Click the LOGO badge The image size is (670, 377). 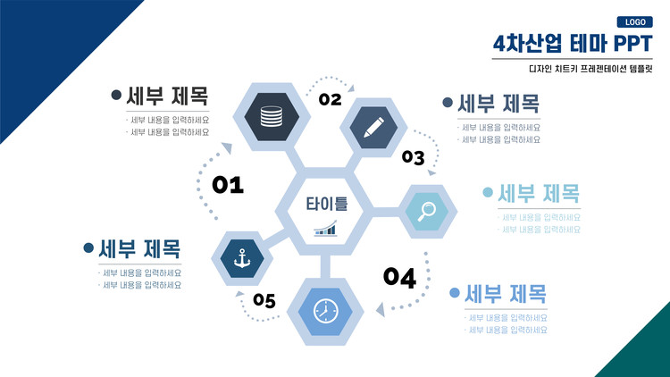coord(635,22)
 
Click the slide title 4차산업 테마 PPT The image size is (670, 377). coord(571,44)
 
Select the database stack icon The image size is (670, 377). coord(271,116)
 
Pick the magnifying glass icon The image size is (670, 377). coord(426,211)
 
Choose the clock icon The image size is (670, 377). coord(325,310)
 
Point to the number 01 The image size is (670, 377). coord(228,185)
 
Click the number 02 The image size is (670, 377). coord(331,99)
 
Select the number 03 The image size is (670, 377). coord(413,158)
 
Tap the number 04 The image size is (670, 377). coord(399,278)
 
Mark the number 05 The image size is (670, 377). coord(264,300)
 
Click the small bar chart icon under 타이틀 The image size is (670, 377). coord(325,230)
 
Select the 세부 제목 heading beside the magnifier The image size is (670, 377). coord(539,192)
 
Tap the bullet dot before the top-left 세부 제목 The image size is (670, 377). coord(116,94)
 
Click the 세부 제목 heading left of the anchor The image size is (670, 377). coord(139,247)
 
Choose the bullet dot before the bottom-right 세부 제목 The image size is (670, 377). coord(455,293)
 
